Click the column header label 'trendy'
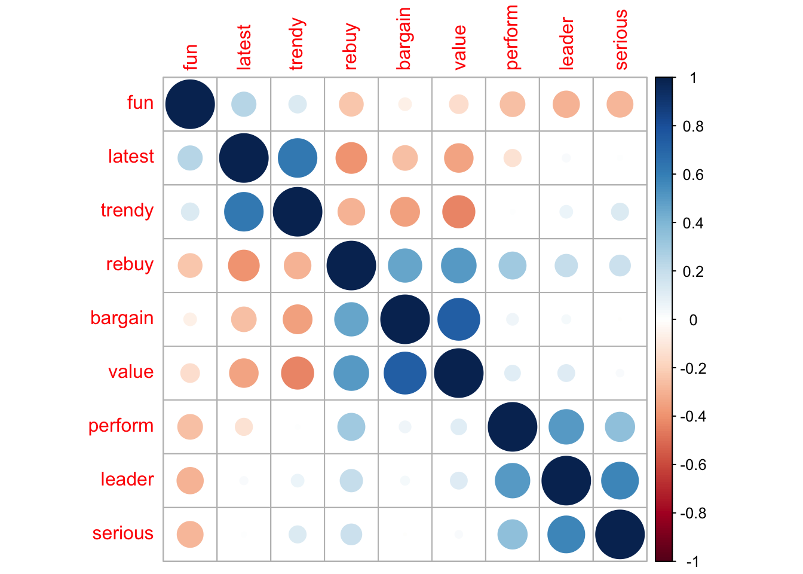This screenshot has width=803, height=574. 297,44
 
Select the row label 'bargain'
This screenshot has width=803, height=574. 122,318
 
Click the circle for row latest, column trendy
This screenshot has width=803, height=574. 298,158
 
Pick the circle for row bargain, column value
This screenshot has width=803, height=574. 459,319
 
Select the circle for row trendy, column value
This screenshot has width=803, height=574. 459,212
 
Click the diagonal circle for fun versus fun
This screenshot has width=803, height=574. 190,104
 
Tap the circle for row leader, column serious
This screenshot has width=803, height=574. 620,481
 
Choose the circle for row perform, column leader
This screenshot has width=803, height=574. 566,427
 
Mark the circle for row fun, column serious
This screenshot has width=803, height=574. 620,104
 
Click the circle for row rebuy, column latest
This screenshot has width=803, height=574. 244,265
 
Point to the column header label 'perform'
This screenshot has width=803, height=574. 512,37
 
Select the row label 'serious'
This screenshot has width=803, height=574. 123,533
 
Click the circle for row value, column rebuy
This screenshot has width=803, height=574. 351,373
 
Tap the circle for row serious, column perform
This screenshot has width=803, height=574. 513,535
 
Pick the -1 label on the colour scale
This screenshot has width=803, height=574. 693,561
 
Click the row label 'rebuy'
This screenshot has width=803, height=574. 130,264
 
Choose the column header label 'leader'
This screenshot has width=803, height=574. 566,44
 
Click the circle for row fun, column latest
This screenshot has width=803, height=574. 244,104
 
